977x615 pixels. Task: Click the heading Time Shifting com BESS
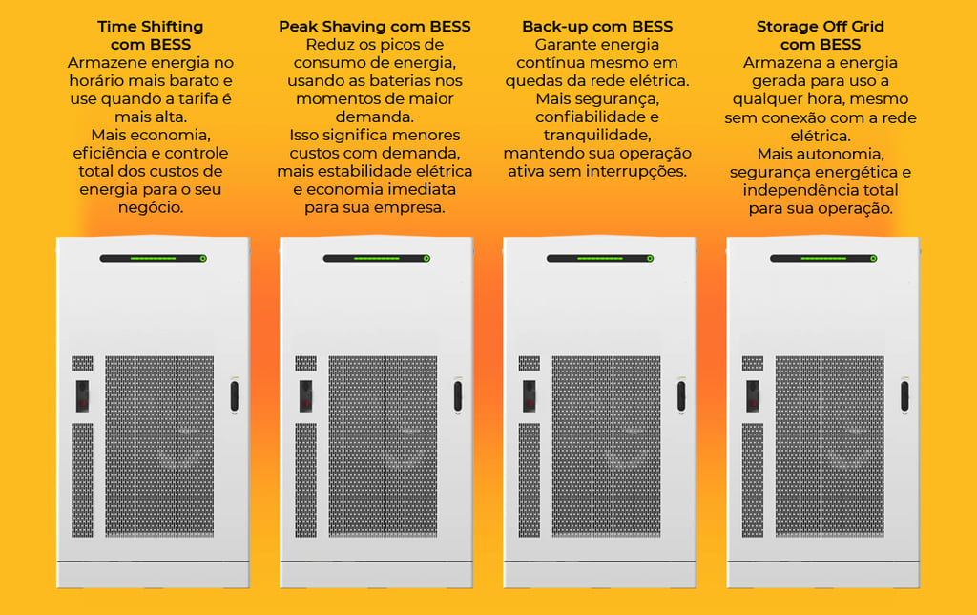pyautogui.click(x=151, y=35)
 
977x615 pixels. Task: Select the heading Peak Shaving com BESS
pyautogui.click(x=375, y=27)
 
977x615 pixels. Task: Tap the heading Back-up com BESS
pyautogui.click(x=597, y=27)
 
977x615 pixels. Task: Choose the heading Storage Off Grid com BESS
pyautogui.click(x=821, y=35)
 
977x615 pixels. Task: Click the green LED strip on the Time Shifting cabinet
pyautogui.click(x=153, y=258)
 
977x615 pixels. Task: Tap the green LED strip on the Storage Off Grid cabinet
pyautogui.click(x=823, y=258)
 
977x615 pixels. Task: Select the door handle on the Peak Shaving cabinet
pyautogui.click(x=458, y=395)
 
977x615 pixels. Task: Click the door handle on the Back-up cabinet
pyautogui.click(x=681, y=395)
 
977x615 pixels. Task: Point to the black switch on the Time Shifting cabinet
pyautogui.click(x=82, y=394)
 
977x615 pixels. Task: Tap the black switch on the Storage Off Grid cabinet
pyautogui.click(x=753, y=394)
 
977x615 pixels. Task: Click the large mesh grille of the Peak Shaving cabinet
pyautogui.click(x=383, y=446)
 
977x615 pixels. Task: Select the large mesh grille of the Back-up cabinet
pyautogui.click(x=606, y=446)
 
